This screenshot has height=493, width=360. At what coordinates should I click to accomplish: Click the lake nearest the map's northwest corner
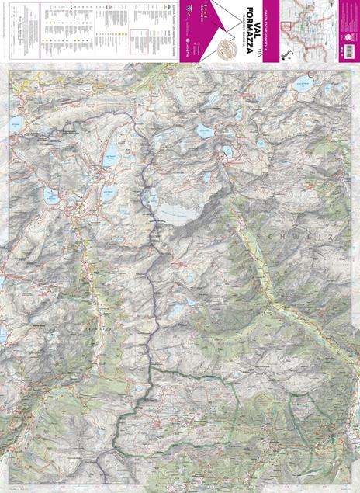pyautogui.click(x=15, y=123)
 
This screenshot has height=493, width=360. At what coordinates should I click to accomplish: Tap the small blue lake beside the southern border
pyautogui.click(x=139, y=387)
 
